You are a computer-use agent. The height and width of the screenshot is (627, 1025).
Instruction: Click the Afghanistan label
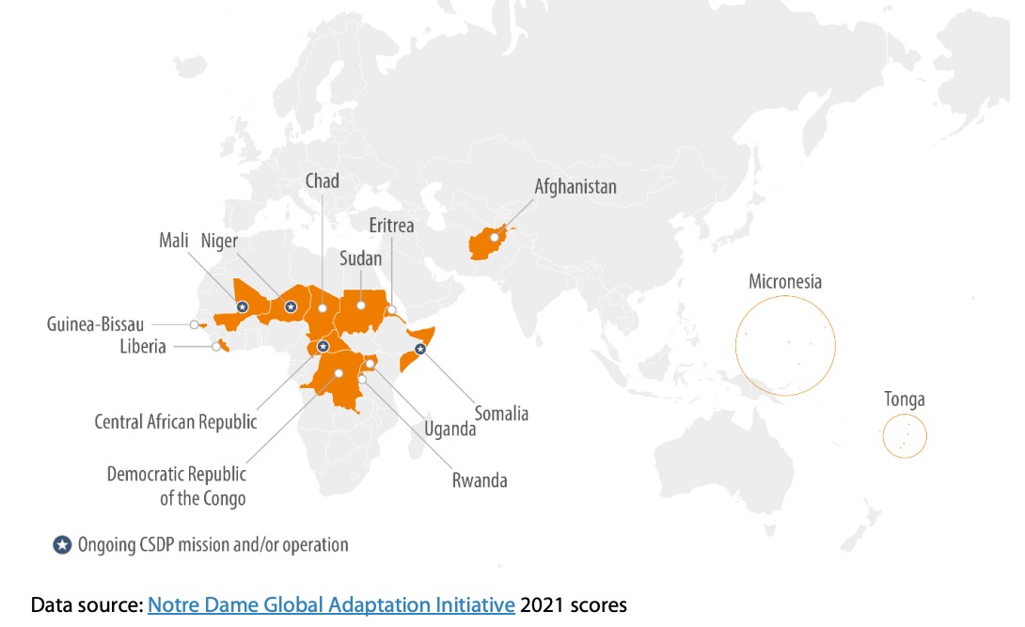576,186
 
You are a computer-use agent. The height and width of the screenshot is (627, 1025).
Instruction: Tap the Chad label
322,180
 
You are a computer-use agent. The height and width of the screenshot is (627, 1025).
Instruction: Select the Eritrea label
391,226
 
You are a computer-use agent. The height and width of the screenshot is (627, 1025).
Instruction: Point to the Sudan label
360,259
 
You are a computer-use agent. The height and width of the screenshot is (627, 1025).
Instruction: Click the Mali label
176,241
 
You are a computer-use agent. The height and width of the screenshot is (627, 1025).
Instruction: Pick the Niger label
220,241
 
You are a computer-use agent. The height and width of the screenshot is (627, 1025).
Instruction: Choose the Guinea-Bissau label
96,324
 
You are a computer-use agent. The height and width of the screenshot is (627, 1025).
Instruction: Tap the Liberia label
142,347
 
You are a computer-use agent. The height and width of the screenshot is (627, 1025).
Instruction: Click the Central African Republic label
176,421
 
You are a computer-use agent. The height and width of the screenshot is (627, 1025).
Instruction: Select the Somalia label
501,414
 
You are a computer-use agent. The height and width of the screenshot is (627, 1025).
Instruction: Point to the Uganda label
450,429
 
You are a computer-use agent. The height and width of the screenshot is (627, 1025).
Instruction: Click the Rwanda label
479,480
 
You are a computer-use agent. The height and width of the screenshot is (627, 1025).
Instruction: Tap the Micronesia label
785,282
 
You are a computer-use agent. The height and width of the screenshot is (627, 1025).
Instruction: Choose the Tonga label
904,400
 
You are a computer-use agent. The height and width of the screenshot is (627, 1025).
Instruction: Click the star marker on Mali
242,306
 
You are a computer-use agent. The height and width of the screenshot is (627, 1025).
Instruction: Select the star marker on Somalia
420,349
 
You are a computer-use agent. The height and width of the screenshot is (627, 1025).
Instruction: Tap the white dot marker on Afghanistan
494,238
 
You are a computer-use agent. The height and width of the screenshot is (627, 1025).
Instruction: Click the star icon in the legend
62,545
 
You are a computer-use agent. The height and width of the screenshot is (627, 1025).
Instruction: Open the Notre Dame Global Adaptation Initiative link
331,604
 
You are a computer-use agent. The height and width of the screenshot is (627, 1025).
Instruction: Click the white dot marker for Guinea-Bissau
194,324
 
